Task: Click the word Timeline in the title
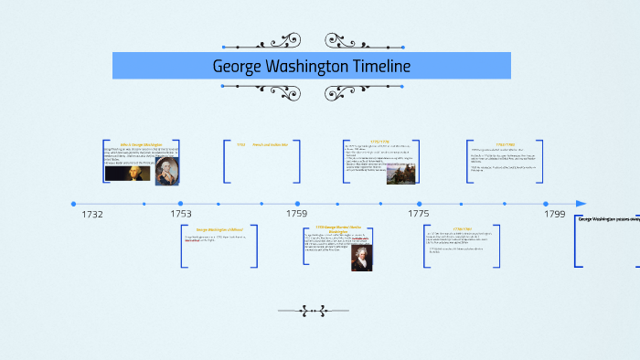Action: click(x=378, y=67)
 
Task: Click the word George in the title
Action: click(x=240, y=67)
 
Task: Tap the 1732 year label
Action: click(x=92, y=214)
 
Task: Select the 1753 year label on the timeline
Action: click(x=181, y=213)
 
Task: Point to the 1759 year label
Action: click(x=296, y=213)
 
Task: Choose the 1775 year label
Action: click(x=419, y=213)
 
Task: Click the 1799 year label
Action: click(x=555, y=213)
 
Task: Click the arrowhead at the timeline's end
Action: click(x=581, y=204)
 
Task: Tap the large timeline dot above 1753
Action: click(x=180, y=204)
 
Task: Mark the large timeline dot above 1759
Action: click(x=296, y=204)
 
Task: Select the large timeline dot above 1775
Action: click(x=420, y=204)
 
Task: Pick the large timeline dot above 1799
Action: click(x=546, y=204)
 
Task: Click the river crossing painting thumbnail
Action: click(x=397, y=173)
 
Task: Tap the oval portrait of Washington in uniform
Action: click(x=167, y=171)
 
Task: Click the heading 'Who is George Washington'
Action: click(x=141, y=144)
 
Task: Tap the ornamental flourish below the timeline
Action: click(x=313, y=311)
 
